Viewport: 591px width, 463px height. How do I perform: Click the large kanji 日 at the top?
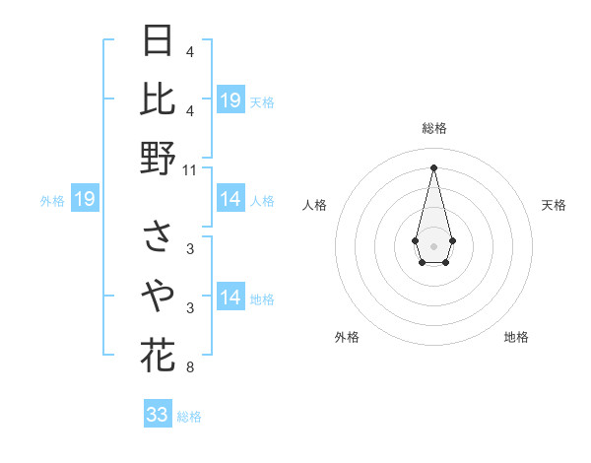point(159,41)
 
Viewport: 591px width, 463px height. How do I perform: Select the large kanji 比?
point(159,99)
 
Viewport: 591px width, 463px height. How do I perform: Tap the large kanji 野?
point(159,158)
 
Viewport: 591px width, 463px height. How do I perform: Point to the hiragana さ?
point(159,237)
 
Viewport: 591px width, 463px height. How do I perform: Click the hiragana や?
point(159,296)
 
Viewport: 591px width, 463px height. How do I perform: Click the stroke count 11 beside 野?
point(190,169)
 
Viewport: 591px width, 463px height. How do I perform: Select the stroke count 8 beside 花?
point(189,368)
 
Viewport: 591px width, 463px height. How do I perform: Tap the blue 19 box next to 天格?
point(230,100)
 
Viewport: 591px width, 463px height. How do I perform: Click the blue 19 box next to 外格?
point(85,200)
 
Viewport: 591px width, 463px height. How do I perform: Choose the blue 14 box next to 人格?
point(230,200)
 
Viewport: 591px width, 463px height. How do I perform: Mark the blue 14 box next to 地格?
point(230,298)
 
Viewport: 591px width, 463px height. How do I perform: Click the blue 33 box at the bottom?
point(158,415)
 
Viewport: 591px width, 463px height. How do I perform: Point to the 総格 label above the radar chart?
point(434,128)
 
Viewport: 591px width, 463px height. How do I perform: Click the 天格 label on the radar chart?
point(554,205)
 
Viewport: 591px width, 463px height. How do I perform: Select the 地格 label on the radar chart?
point(516,337)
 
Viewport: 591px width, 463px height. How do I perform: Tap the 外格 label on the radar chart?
point(347,337)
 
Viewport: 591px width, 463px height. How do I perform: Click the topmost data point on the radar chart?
point(434,166)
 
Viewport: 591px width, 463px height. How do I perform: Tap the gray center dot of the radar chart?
point(433,244)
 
